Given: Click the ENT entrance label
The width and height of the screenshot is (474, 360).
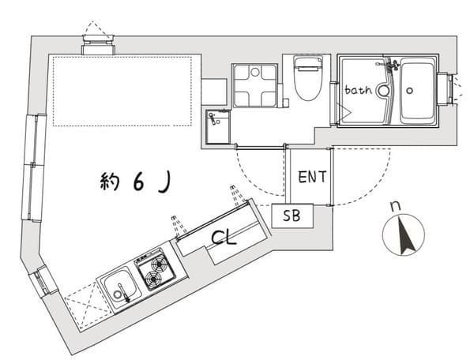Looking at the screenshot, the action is tap(312, 177).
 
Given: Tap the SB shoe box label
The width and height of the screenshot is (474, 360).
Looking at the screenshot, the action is tap(292, 216).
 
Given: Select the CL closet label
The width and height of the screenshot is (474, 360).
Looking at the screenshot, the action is tap(224, 238).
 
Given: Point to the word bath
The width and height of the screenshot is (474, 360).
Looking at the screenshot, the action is tap(358, 90).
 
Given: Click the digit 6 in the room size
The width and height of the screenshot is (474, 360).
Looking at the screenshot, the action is tap(138, 182).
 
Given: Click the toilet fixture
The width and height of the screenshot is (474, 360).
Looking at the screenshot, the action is tap(309, 78).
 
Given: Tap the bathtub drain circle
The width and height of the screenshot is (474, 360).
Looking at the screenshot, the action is tap(409, 90).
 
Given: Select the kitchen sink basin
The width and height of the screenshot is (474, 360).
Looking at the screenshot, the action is tap(121, 288).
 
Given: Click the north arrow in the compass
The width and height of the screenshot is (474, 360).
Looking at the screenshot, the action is tap(405, 235).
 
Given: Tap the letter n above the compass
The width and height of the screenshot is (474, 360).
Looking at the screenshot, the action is tap(396, 206).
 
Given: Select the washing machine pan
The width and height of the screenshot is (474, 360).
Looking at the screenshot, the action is tap(254, 85).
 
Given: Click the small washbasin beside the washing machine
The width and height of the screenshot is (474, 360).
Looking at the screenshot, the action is tap(218, 126).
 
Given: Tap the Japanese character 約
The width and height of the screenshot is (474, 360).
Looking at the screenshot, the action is tap(110, 182).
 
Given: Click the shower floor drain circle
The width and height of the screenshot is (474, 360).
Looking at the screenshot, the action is tap(383, 90).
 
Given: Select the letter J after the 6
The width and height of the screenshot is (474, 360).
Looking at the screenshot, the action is tap(165, 182).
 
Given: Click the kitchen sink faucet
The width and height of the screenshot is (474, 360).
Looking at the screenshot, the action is tap(124, 293).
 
